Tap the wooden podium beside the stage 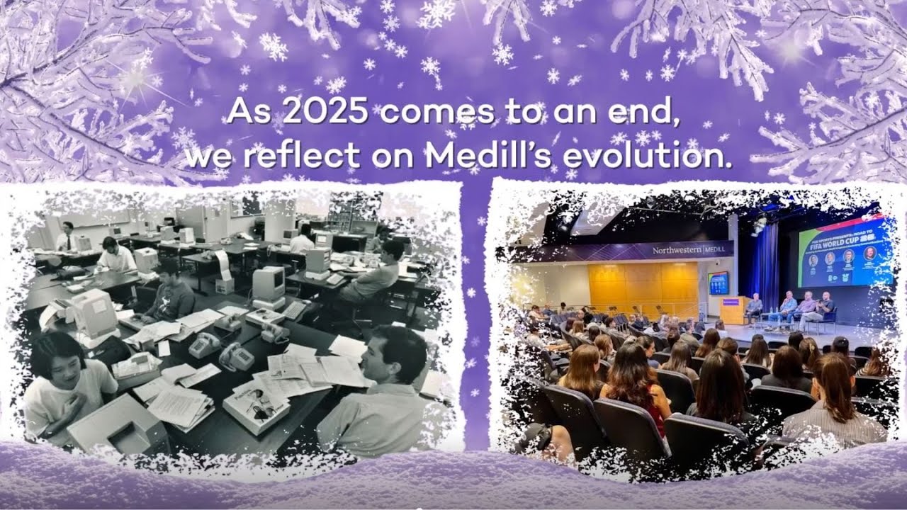tap(733, 310)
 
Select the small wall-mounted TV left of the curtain tap(717, 282)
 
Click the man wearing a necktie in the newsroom tap(67, 237)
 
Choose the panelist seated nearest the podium tap(754, 308)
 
